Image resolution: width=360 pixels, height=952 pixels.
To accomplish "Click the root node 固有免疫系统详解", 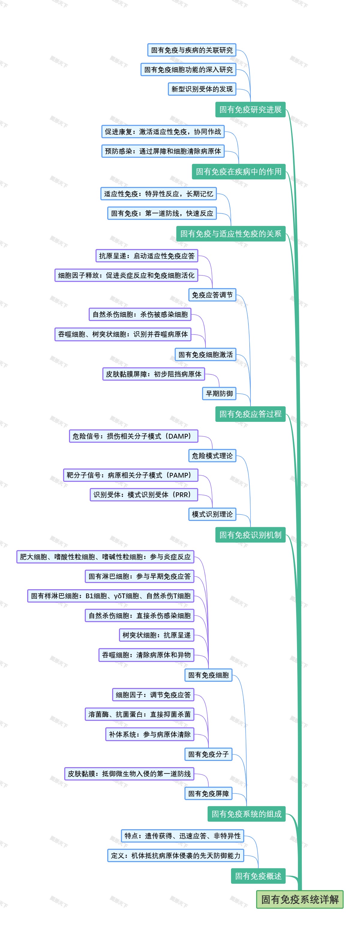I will click(x=299, y=899).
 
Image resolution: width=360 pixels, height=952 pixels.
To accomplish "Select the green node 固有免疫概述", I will click(x=258, y=876).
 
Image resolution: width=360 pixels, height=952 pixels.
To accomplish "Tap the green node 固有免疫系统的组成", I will click(x=247, y=814).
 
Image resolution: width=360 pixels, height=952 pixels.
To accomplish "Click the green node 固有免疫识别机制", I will click(x=250, y=535).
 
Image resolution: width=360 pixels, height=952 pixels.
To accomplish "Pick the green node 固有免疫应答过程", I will click(x=250, y=414).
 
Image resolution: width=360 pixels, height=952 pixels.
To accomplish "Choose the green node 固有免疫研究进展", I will click(x=250, y=110).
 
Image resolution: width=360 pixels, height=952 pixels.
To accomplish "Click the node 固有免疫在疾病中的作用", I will click(x=238, y=172).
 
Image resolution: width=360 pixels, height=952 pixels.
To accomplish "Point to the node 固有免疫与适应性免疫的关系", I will click(x=231, y=233).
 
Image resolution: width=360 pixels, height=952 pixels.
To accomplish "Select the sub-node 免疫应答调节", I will click(x=212, y=295).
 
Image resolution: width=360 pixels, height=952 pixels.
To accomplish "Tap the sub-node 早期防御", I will click(x=219, y=394).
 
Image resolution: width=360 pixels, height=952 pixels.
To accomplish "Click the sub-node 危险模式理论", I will click(x=212, y=456).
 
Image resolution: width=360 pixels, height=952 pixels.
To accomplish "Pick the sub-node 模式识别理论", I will click(x=212, y=514).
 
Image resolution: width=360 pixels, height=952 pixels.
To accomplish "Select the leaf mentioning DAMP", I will click(x=133, y=436).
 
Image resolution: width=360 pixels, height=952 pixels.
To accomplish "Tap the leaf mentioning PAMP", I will click(x=130, y=475).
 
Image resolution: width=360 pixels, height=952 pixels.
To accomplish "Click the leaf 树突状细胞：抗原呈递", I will click(x=156, y=635).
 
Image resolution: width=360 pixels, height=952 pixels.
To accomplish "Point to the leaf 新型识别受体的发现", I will click(x=202, y=89).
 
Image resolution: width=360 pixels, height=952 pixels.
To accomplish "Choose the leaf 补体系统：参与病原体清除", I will click(x=150, y=734).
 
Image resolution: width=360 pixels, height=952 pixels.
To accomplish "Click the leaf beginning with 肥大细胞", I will click(x=105, y=557).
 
